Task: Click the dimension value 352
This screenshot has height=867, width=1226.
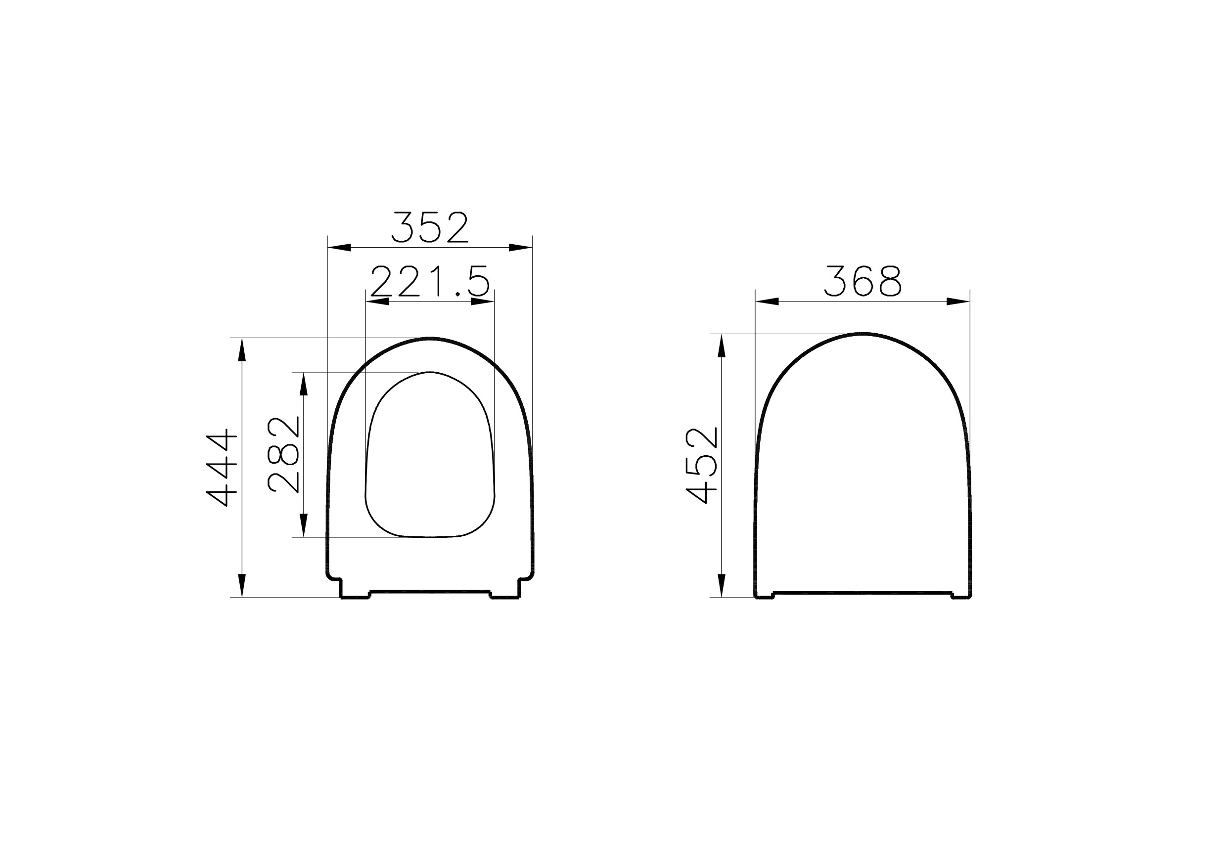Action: click(x=430, y=227)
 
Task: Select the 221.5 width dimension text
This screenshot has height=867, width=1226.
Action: click(x=430, y=281)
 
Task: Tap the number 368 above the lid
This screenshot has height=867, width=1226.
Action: click(x=862, y=281)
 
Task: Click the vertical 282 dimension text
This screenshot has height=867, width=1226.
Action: click(x=284, y=454)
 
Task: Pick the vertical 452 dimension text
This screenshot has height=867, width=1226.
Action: click(x=702, y=466)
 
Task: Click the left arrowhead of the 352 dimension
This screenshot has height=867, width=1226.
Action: click(x=340, y=247)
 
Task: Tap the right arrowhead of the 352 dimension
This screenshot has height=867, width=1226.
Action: click(x=520, y=247)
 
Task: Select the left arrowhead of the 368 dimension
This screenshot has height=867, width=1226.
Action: click(x=767, y=302)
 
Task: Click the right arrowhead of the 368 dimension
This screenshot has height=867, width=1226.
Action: click(x=958, y=302)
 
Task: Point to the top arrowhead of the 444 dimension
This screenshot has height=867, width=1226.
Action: click(x=241, y=350)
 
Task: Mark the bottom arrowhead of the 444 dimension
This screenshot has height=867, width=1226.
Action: click(x=241, y=585)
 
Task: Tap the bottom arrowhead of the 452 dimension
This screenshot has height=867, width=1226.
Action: click(x=721, y=585)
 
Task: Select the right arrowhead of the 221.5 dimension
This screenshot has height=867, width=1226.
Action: click(x=482, y=302)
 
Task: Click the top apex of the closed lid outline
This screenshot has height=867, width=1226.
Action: click(x=863, y=334)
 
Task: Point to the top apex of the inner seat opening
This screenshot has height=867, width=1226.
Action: click(x=430, y=372)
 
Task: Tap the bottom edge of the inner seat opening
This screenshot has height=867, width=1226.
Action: click(x=430, y=537)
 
